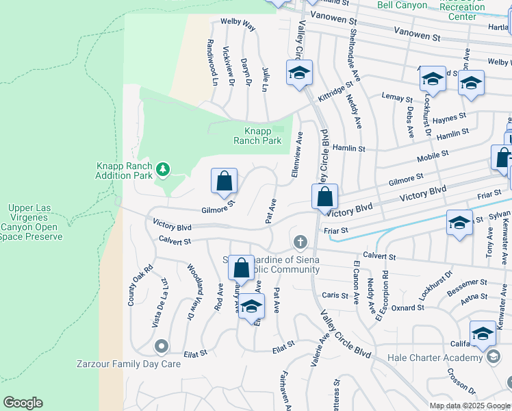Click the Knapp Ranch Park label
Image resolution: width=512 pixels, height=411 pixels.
tap(257, 136)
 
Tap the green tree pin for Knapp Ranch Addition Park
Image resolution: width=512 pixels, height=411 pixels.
tap(162, 169)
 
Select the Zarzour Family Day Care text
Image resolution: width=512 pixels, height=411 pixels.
tap(138, 364)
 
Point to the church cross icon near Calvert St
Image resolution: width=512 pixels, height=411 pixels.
tap(299, 242)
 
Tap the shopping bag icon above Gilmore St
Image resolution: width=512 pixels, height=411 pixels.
tap(224, 182)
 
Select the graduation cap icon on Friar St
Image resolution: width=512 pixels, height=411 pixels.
tap(459, 223)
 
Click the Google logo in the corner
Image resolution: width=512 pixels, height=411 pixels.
tap(23, 403)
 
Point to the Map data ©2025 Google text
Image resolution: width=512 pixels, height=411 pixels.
tap(470, 406)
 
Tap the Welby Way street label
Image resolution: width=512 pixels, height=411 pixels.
tap(238, 25)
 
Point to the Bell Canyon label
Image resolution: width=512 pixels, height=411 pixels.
tap(402, 5)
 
